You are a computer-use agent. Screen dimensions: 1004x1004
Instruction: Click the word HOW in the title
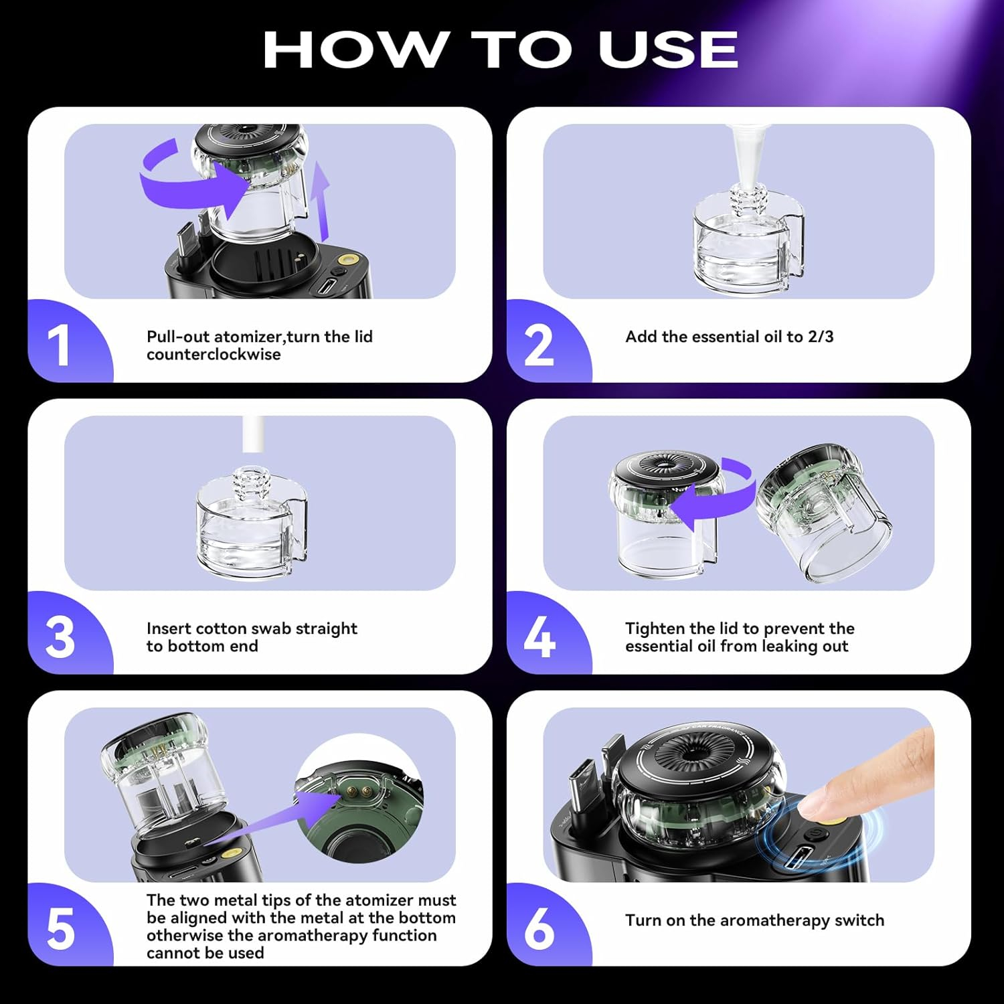click(x=355, y=50)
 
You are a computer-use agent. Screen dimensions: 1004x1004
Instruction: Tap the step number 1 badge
click(x=60, y=345)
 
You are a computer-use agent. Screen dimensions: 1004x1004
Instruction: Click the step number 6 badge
click(x=539, y=929)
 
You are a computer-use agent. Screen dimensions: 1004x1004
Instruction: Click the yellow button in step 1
click(x=347, y=259)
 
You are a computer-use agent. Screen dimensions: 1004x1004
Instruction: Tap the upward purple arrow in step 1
click(x=322, y=201)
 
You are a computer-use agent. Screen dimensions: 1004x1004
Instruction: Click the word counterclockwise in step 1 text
click(x=214, y=355)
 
